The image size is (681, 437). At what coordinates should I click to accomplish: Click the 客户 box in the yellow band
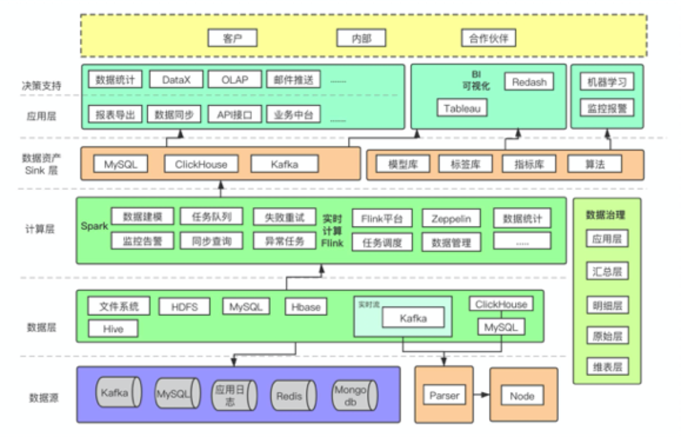233,38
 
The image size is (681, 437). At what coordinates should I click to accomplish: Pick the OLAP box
235,80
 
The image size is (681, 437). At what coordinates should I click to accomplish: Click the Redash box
528,81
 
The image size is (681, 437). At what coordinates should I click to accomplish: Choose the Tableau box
462,108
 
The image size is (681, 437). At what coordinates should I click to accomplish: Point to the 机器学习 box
606,81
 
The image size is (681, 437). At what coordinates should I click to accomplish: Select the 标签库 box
465,164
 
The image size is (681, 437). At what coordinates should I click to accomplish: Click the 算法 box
594,164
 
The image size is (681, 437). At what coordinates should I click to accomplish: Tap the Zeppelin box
450,218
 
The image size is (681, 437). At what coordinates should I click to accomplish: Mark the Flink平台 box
382,218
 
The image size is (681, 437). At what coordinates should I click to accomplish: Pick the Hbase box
306,307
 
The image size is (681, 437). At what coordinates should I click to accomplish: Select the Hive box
113,328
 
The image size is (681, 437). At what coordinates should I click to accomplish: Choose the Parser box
445,396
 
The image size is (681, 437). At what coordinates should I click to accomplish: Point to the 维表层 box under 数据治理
607,366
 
